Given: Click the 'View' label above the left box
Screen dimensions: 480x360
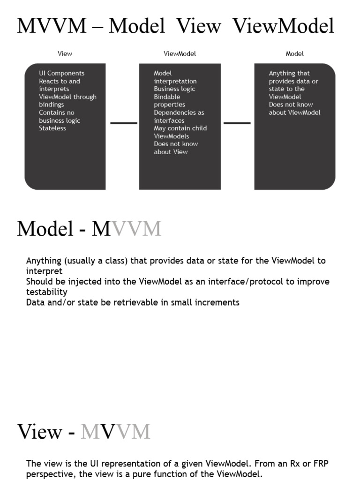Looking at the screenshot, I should (65, 54).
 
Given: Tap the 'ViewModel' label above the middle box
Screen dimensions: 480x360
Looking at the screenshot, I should (180, 54).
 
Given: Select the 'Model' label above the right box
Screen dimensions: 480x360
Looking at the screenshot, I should (294, 54).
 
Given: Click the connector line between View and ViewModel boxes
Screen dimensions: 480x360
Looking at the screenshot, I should (124, 123).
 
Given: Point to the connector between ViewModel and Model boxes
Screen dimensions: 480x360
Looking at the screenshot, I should (237, 123).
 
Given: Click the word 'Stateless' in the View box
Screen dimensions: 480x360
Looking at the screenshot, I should (52, 128).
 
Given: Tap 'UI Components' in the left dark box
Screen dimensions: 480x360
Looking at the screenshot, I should (62, 74).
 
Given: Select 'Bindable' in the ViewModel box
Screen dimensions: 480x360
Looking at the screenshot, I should (167, 97).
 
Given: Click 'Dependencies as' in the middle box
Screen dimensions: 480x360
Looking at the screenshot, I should (179, 113).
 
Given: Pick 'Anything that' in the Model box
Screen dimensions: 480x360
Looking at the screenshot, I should (289, 74).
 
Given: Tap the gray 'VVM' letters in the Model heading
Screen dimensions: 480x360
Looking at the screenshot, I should (137, 229).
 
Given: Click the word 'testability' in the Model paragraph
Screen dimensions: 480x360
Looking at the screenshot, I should (47, 292).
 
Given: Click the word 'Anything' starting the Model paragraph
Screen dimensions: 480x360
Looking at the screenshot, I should (44, 261).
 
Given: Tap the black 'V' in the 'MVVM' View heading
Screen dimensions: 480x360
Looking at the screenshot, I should (108, 432).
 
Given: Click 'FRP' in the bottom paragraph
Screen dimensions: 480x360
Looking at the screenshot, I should (320, 464).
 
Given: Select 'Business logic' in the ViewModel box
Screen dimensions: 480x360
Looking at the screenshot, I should (174, 89).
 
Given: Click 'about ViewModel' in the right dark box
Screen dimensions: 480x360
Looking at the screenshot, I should (294, 113).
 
